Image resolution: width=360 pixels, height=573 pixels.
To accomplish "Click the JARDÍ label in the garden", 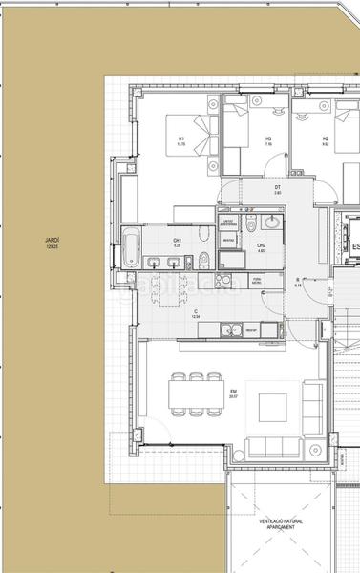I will [52, 241].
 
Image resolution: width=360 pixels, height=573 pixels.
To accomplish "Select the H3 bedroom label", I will [268, 139].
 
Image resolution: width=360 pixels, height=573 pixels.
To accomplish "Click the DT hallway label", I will [277, 187].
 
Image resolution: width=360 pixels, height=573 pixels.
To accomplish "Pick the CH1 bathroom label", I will [177, 240].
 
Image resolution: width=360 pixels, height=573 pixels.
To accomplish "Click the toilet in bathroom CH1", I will [204, 259].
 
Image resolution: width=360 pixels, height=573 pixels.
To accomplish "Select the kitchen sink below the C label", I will [229, 330].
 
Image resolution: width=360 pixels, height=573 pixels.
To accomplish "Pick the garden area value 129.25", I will [52, 247].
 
